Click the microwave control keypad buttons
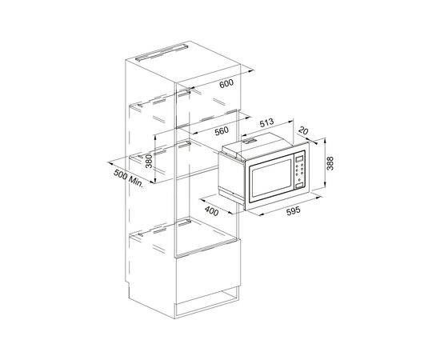302,174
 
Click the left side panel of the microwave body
231,176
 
